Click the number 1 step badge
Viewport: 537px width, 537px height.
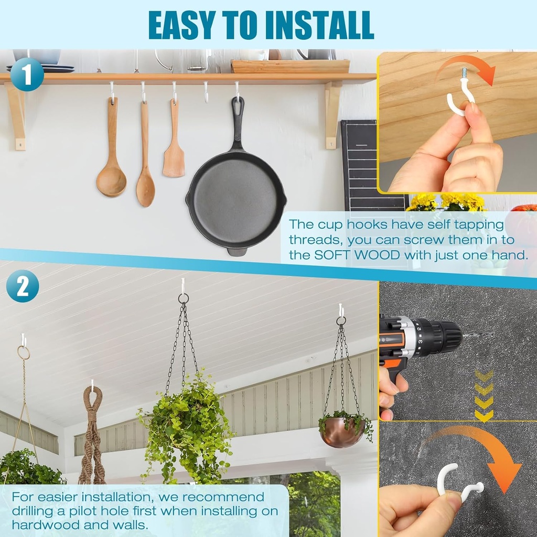(x=27, y=74)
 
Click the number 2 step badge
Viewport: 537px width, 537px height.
(x=23, y=286)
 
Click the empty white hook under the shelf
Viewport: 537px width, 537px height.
(x=206, y=92)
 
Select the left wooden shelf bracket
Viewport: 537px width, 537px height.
(x=16, y=116)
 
